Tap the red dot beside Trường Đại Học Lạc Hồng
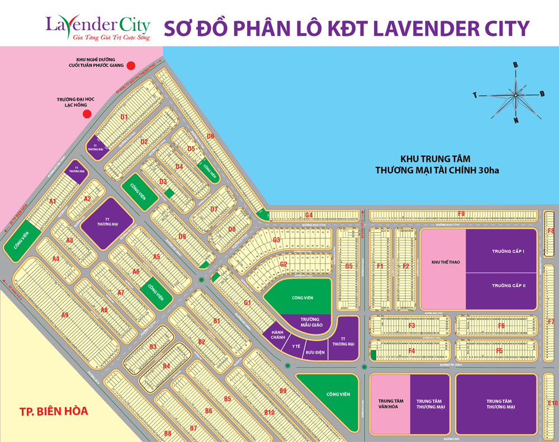point(87,114)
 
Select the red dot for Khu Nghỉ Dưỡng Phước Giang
point(131,65)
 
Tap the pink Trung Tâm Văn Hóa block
point(390,403)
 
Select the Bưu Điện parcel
point(315,352)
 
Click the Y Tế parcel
point(296,346)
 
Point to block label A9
point(65,316)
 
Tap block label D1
point(124,117)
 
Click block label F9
point(461,214)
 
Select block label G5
point(349,266)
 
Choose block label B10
point(269,413)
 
